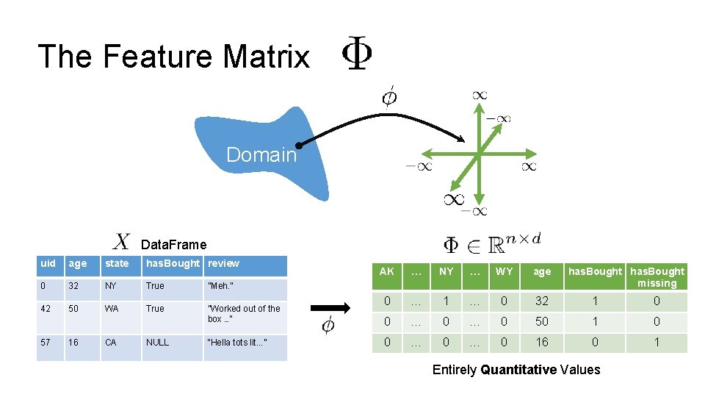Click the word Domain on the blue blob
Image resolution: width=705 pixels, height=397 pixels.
261,155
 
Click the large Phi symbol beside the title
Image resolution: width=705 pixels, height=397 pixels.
358,55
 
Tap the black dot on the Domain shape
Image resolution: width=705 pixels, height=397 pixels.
300,146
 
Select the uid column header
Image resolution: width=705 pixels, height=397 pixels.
48,263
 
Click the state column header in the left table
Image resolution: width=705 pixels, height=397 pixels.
117,263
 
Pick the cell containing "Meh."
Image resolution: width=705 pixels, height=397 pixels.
221,286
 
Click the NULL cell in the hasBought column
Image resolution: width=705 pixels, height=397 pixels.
157,342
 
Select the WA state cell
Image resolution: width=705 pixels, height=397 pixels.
112,309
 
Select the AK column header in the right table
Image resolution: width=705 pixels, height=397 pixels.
386,272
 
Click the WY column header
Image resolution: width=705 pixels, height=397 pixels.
504,272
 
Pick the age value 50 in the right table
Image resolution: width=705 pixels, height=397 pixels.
542,322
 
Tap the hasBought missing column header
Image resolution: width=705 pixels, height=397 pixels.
657,277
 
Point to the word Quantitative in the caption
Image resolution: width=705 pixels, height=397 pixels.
518,370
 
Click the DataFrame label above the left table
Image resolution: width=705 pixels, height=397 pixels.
173,245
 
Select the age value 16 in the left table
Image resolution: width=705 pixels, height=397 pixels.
75,342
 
